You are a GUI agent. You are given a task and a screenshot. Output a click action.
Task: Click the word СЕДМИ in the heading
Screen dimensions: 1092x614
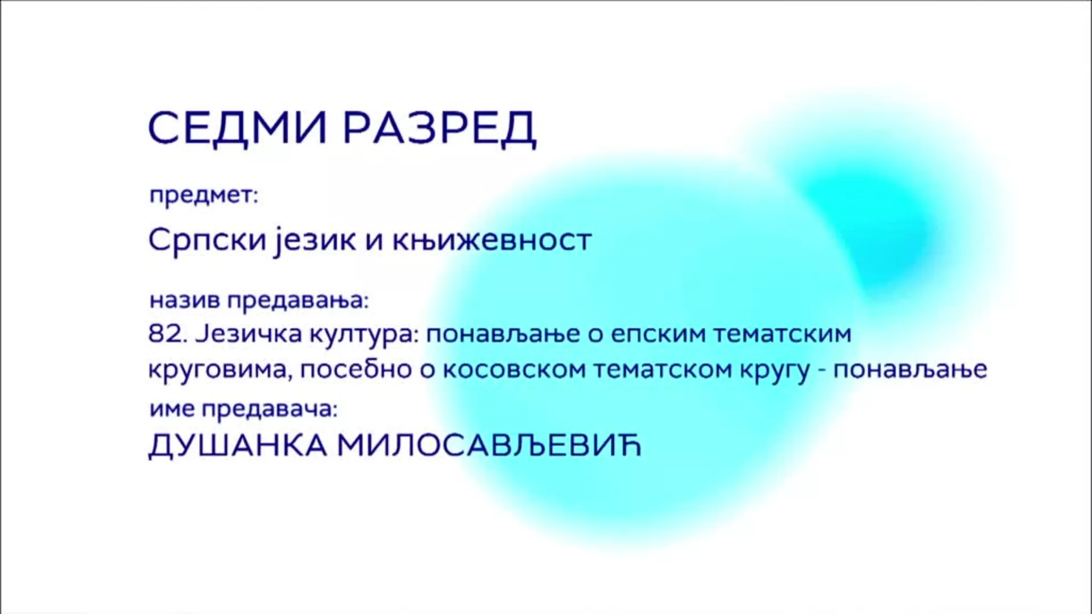click(237, 128)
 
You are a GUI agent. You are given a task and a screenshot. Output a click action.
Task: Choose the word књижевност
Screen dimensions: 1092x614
click(492, 240)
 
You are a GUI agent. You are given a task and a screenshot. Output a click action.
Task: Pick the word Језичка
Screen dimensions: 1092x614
click(249, 334)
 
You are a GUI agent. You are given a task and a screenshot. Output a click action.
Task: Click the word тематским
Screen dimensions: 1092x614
click(783, 334)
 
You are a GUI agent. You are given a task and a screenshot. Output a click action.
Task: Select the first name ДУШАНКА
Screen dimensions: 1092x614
click(238, 446)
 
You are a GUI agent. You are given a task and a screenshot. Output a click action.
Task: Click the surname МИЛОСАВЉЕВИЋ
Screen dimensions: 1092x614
click(490, 446)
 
